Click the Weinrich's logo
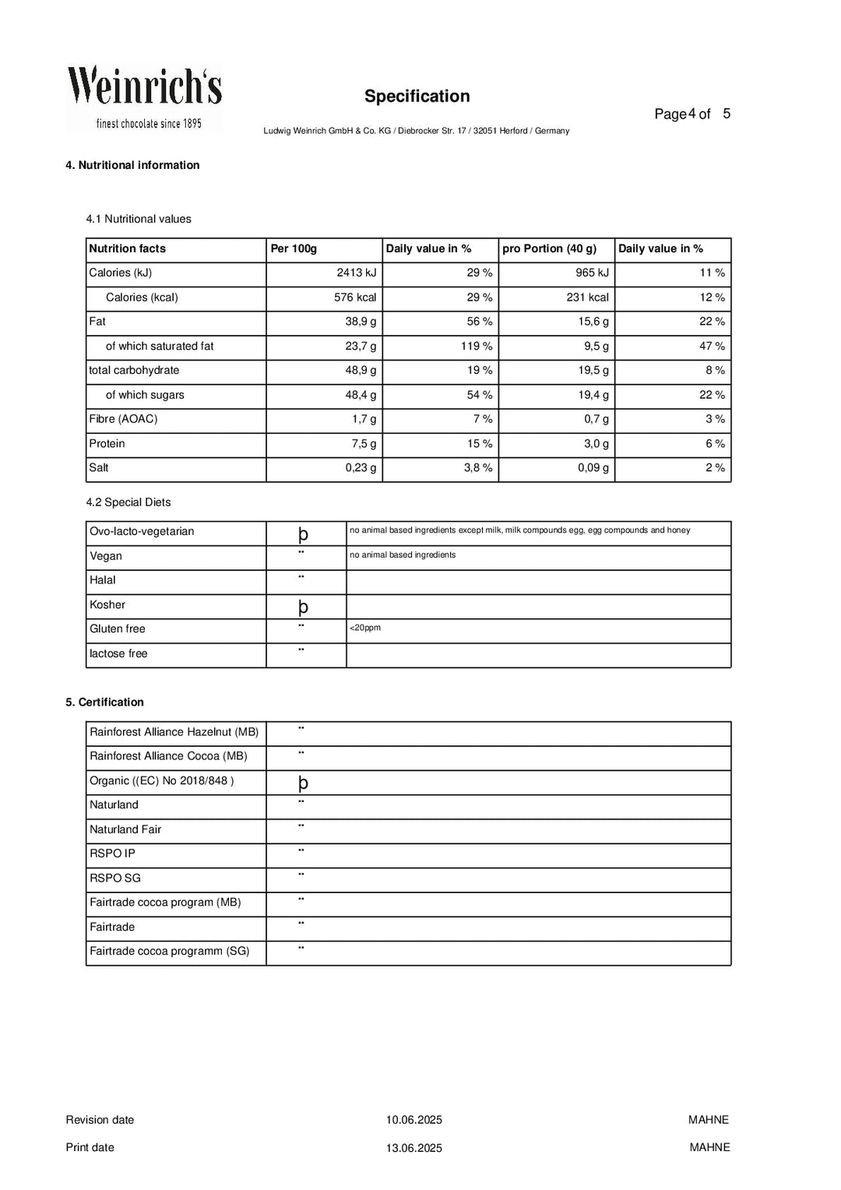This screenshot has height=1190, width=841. tap(144, 98)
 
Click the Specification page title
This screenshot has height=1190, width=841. tap(417, 97)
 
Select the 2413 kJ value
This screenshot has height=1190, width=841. tap(356, 273)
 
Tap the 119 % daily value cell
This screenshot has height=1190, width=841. tap(476, 347)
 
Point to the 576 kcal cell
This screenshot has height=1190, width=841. tap(354, 297)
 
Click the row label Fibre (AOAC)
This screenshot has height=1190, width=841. tap(123, 420)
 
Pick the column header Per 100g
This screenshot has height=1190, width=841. tap(294, 249)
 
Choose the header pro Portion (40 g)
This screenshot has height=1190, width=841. tap(549, 249)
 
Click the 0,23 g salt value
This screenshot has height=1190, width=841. tap(361, 468)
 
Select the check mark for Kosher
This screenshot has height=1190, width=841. tap(303, 607)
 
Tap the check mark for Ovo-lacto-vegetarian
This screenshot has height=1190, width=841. tap(303, 534)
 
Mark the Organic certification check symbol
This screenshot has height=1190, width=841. tap(303, 783)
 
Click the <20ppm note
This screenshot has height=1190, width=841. tap(365, 628)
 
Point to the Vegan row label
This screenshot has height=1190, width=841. tap(106, 556)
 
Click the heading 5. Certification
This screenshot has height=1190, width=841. tap(104, 702)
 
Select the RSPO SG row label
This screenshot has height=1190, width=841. tap(115, 878)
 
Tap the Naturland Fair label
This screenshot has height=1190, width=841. tap(125, 829)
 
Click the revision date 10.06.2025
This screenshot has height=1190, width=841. tap(413, 1121)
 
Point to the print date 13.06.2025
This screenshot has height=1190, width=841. tap(413, 1148)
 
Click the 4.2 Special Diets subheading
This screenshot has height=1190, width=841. tap(128, 503)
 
